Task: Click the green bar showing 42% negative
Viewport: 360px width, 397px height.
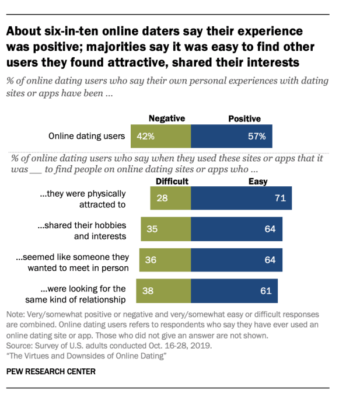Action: pyautogui.click(x=160, y=137)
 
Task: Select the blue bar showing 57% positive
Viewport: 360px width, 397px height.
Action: pyautogui.click(x=231, y=137)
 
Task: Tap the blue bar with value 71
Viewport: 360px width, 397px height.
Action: pyautogui.click(x=241, y=198)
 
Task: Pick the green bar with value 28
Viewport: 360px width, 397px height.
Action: pyautogui.click(x=170, y=198)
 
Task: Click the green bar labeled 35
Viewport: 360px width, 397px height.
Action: pyautogui.click(x=166, y=229)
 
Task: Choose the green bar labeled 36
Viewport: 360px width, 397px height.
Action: pyautogui.click(x=165, y=260)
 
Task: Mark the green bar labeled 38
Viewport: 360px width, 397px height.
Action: pyautogui.click(x=163, y=290)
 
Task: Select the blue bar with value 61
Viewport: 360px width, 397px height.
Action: pyautogui.click(x=234, y=290)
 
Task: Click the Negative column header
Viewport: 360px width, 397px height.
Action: pyautogui.click(x=167, y=119)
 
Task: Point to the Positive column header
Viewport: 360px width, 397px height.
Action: pyautogui.click(x=244, y=119)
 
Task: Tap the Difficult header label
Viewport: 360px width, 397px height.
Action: pyautogui.click(x=172, y=182)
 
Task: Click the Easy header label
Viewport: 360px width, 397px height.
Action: pyautogui.click(x=258, y=182)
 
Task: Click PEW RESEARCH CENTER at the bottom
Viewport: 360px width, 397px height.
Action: pyautogui.click(x=50, y=371)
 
